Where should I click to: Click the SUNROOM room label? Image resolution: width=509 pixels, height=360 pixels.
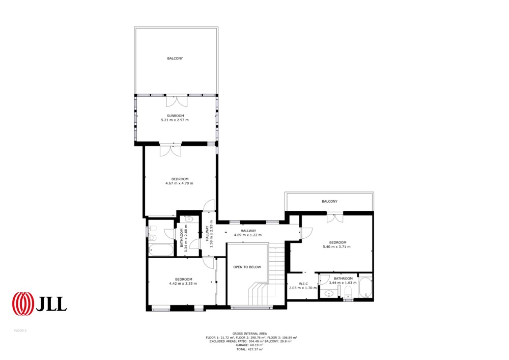(175, 116)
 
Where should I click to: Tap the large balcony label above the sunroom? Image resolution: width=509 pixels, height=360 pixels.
(175, 59)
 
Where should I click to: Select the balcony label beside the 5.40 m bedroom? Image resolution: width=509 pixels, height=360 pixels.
(329, 201)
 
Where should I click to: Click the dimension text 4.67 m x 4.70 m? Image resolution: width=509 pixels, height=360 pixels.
(179, 183)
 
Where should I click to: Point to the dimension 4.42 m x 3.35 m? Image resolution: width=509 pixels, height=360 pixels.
(183, 284)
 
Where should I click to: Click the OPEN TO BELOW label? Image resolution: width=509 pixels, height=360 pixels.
(247, 267)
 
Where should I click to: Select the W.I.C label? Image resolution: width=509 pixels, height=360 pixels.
(303, 284)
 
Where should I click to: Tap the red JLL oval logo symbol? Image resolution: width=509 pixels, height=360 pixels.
(23, 303)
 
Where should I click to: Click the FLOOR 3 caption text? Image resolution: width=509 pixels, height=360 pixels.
(20, 331)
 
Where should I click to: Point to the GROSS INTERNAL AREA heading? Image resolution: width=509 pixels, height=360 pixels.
(249, 334)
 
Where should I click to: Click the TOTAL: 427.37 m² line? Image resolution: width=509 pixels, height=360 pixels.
(249, 349)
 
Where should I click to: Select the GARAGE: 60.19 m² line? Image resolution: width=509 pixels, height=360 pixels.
(249, 345)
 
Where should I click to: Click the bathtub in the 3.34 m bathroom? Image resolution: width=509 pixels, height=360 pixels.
(161, 251)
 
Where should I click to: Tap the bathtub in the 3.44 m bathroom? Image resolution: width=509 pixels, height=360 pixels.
(365, 288)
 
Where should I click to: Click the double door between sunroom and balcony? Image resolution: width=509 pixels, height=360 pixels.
(177, 101)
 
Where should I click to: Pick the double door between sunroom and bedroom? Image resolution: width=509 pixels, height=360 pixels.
(171, 150)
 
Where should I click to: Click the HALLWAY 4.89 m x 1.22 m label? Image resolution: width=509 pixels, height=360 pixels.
(248, 233)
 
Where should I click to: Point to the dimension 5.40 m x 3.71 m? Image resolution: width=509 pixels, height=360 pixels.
(336, 247)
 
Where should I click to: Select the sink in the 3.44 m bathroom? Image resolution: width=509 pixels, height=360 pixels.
(329, 294)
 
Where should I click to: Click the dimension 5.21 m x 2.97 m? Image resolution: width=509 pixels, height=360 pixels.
(175, 120)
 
